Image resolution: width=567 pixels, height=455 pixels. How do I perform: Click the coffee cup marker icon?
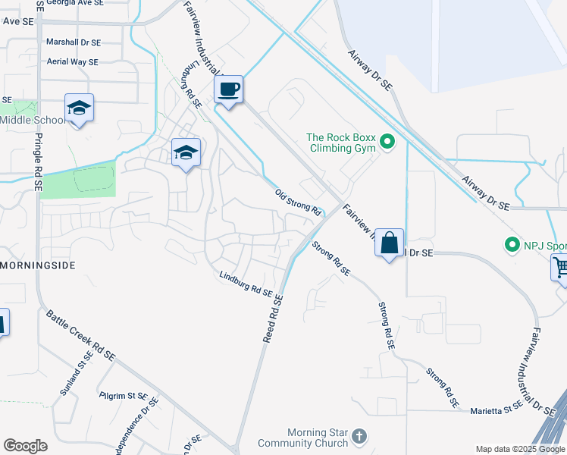click(x=228, y=89)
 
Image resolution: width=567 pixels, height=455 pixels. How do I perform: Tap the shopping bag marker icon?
click(x=389, y=243)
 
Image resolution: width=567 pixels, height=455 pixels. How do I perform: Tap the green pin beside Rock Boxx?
click(x=387, y=142)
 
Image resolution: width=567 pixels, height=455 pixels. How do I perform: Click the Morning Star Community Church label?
click(x=302, y=438)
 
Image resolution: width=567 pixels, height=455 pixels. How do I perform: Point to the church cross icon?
click(x=359, y=437)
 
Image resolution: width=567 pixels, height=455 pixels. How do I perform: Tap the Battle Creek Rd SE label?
click(x=80, y=334)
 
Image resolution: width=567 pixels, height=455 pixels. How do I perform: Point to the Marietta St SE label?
click(x=497, y=406)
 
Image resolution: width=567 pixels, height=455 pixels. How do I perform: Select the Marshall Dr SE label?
click(x=73, y=42)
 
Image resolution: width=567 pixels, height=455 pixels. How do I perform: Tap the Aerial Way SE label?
click(x=73, y=62)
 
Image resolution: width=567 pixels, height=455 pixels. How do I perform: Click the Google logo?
click(x=25, y=445)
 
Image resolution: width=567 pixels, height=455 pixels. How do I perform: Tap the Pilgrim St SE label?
click(x=122, y=396)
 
